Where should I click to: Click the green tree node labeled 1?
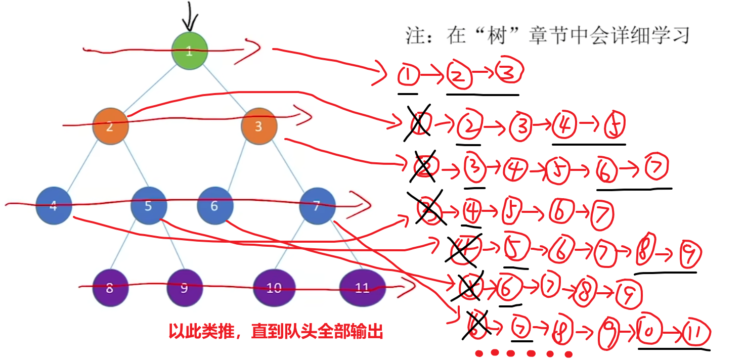pyautogui.click(x=189, y=51)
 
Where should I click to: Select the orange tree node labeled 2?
pyautogui.click(x=110, y=126)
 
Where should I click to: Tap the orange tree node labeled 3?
pyautogui.click(x=258, y=126)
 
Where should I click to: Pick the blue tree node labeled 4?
pyautogui.click(x=54, y=205)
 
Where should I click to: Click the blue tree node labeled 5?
pyautogui.click(x=148, y=206)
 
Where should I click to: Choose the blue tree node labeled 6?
pyautogui.click(x=215, y=206)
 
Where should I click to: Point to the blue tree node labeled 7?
pyautogui.click(x=317, y=206)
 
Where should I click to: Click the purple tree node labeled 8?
pyautogui.click(x=110, y=288)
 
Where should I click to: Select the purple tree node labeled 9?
pyautogui.click(x=184, y=288)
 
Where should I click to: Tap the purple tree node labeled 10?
pyautogui.click(x=274, y=288)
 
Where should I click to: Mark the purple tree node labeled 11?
pyautogui.click(x=362, y=288)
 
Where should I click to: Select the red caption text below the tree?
pyautogui.click(x=275, y=332)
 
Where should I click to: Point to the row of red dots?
pyautogui.click(x=522, y=353)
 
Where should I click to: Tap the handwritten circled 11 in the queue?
pyautogui.click(x=696, y=334)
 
